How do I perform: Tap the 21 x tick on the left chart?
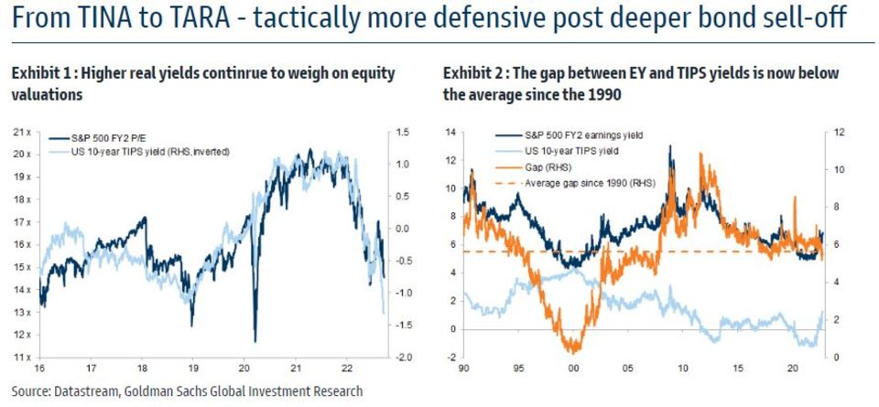pyautogui.click(x=23, y=132)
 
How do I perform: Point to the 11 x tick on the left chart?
pyautogui.click(x=23, y=357)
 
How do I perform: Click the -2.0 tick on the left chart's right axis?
pyautogui.click(x=404, y=357)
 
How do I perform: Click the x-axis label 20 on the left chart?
pyautogui.click(x=244, y=369)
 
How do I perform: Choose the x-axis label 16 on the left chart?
pyautogui.click(x=39, y=369)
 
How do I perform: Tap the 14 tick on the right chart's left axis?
pyautogui.click(x=450, y=132)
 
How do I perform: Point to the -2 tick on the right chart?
pyautogui.click(x=450, y=357)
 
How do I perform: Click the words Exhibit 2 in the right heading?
pyautogui.click(x=471, y=73)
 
